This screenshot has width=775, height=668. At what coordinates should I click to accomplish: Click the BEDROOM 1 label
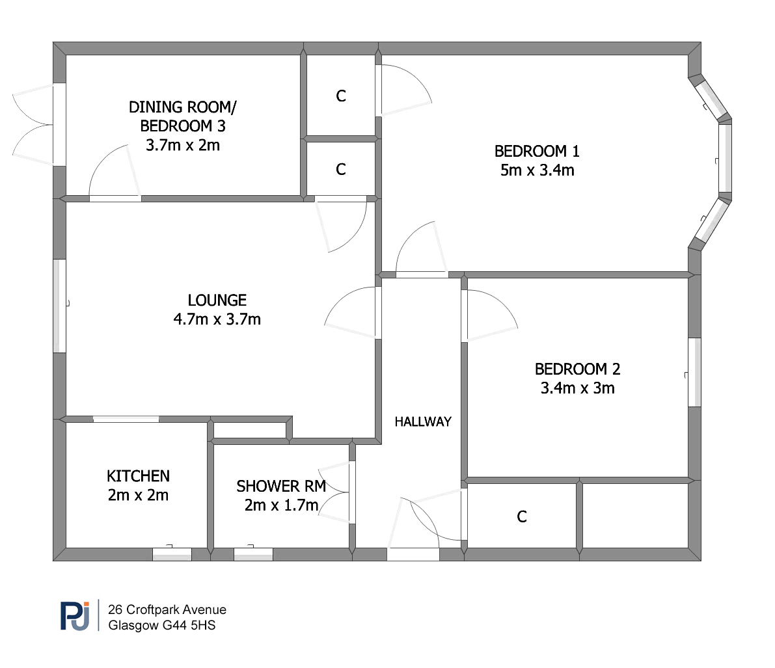click(x=537, y=151)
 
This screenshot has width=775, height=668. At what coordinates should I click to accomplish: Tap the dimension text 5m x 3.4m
click(x=537, y=170)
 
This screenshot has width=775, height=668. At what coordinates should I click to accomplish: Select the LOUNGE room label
click(x=217, y=300)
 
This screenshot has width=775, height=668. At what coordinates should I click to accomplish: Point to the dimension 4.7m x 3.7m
click(x=217, y=319)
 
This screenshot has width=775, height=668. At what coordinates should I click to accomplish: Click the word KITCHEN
click(x=139, y=476)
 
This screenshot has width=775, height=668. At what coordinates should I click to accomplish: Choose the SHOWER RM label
click(x=281, y=486)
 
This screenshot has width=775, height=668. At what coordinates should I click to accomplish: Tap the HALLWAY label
click(x=423, y=421)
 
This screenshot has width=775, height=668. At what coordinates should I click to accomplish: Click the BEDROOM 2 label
click(x=577, y=369)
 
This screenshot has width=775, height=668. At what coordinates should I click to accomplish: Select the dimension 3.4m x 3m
click(x=577, y=388)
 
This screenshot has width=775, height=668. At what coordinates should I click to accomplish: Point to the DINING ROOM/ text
click(x=183, y=107)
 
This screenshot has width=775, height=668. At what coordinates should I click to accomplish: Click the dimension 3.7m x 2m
click(x=183, y=145)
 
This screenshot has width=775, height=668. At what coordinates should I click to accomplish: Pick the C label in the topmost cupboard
click(x=341, y=96)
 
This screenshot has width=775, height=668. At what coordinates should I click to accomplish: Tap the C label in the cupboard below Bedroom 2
click(x=522, y=517)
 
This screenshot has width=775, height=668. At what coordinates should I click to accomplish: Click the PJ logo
click(x=75, y=615)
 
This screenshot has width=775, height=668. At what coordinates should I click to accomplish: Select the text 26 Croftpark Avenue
click(x=167, y=609)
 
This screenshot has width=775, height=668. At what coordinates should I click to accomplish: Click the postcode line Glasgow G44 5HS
click(x=162, y=625)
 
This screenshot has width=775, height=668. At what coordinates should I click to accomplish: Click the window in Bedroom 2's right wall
click(x=694, y=372)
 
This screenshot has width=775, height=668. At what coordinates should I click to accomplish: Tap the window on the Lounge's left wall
click(x=60, y=306)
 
